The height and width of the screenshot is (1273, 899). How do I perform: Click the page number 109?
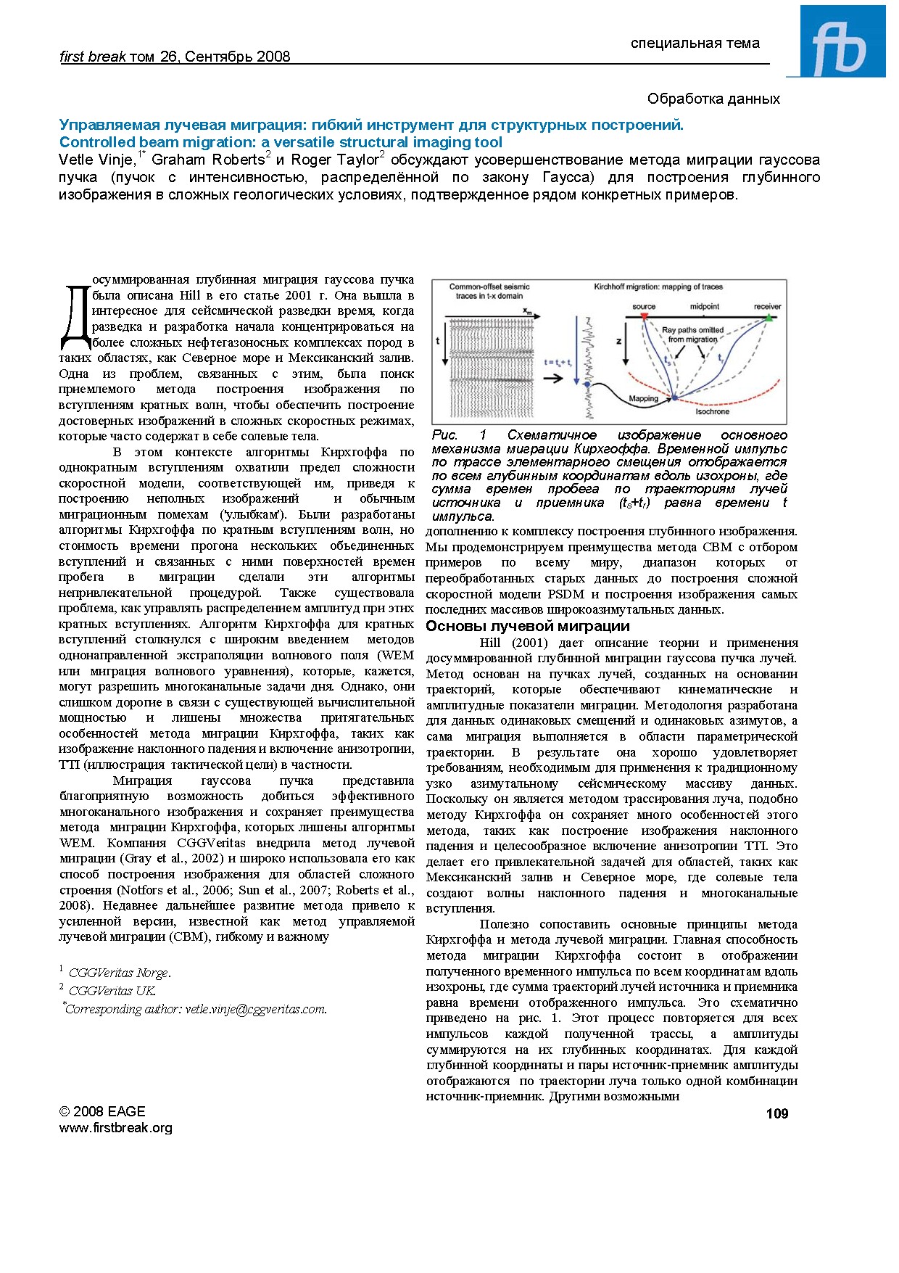(x=776, y=1113)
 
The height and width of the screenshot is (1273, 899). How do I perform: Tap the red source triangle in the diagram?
(x=643, y=317)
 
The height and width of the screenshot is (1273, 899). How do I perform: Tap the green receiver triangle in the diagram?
(x=768, y=317)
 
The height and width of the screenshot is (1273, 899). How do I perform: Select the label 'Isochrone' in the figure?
(x=712, y=411)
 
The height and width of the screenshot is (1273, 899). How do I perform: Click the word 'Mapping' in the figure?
(x=643, y=398)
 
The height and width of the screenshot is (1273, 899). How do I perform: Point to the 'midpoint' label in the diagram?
(x=704, y=307)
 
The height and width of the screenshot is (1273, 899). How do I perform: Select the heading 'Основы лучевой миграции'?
(x=527, y=626)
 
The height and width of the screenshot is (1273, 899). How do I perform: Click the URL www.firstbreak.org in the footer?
(x=115, y=1127)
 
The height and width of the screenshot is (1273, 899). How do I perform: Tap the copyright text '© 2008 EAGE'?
(x=102, y=1111)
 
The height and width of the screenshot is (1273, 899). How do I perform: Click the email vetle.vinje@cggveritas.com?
(x=255, y=1008)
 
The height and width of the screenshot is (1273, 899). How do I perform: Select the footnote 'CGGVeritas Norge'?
(x=119, y=973)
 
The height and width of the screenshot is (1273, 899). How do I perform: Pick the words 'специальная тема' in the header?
(x=695, y=43)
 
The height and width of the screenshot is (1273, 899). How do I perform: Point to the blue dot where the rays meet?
(x=674, y=397)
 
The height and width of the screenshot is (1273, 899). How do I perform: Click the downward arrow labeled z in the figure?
(x=625, y=352)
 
